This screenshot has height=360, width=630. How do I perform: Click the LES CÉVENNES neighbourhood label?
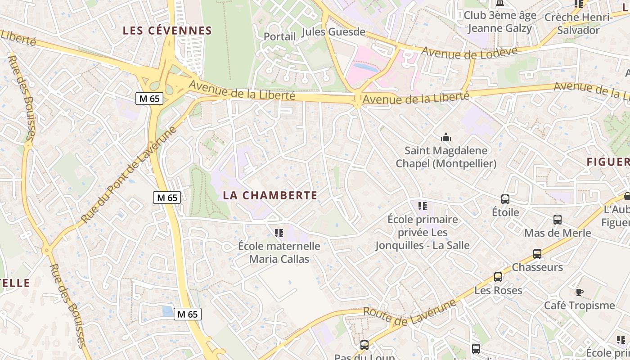pyautogui.click(x=167, y=31)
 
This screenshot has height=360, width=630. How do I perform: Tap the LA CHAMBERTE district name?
pyautogui.click(x=270, y=195)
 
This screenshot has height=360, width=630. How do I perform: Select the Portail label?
pyautogui.click(x=279, y=36)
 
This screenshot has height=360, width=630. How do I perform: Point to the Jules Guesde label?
pyautogui.click(x=333, y=32)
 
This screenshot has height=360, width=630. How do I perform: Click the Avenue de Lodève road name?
pyautogui.click(x=469, y=53)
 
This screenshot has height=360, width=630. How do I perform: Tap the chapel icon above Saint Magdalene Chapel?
pyautogui.click(x=446, y=137)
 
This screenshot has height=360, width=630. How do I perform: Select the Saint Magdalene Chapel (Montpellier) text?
pyautogui.click(x=446, y=157)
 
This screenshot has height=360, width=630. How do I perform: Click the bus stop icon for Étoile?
pyautogui.click(x=505, y=199)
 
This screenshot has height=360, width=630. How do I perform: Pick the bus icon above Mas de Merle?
pyautogui.click(x=558, y=220)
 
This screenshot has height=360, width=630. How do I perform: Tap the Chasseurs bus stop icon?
pyautogui.click(x=537, y=254)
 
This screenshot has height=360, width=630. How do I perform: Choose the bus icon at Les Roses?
pyautogui.click(x=498, y=277)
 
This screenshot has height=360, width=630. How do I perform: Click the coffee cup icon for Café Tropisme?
pyautogui.click(x=580, y=292)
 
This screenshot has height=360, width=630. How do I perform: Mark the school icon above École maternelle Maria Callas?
pyautogui.click(x=279, y=233)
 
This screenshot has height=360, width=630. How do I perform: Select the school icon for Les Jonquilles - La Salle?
pyautogui.click(x=422, y=206)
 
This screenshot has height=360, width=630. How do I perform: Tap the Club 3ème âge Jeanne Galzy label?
pyautogui.click(x=500, y=22)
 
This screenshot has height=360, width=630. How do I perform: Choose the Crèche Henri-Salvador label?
pyautogui.click(x=579, y=24)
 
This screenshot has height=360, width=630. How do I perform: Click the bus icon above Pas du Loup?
pyautogui.click(x=364, y=345)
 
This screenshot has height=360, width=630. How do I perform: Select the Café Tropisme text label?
pyautogui.click(x=580, y=306)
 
